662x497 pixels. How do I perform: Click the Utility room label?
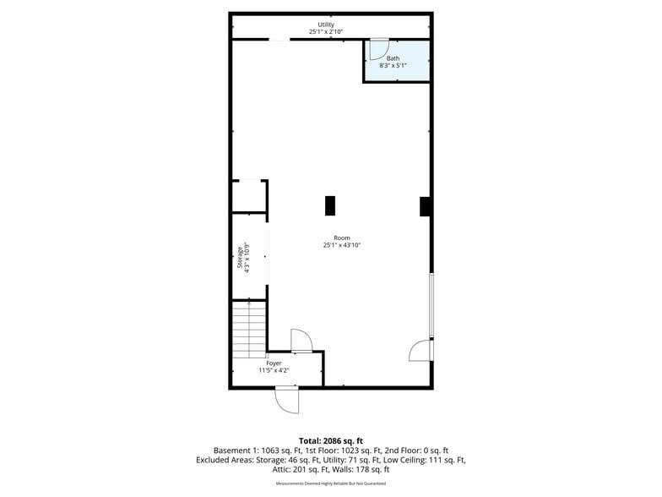point(326,25)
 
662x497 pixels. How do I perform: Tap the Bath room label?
point(393,58)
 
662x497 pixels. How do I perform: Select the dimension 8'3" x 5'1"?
point(393,65)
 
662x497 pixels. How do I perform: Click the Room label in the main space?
point(342,238)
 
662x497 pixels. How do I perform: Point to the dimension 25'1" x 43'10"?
point(342,245)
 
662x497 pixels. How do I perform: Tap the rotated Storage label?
point(240,253)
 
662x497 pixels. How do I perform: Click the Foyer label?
point(274,363)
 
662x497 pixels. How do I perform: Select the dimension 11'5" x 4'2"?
point(274,370)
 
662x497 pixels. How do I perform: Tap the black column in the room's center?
point(330,205)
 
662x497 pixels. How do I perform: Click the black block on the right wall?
point(426,206)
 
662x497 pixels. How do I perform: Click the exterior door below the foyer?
point(287,399)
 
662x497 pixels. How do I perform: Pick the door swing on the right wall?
point(420,349)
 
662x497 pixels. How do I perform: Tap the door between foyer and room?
point(301,340)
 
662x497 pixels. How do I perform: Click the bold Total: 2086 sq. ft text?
point(331,440)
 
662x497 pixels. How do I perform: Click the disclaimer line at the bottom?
point(331,483)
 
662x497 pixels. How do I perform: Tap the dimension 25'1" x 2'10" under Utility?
point(326,32)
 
